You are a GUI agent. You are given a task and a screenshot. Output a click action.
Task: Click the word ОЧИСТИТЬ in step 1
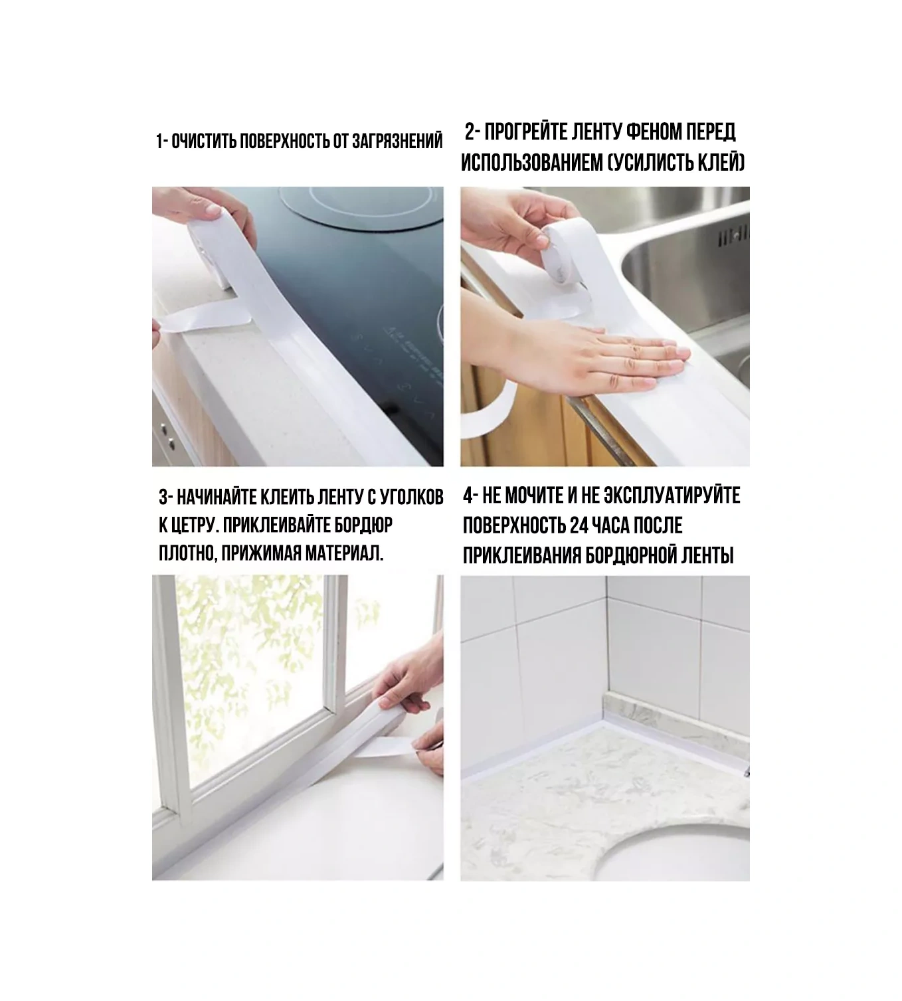pyautogui.click(x=204, y=141)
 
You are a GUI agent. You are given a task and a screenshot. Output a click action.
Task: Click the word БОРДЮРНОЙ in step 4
pyautogui.click(x=630, y=555)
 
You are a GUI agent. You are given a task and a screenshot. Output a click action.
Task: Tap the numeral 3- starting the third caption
pyautogui.click(x=166, y=497)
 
